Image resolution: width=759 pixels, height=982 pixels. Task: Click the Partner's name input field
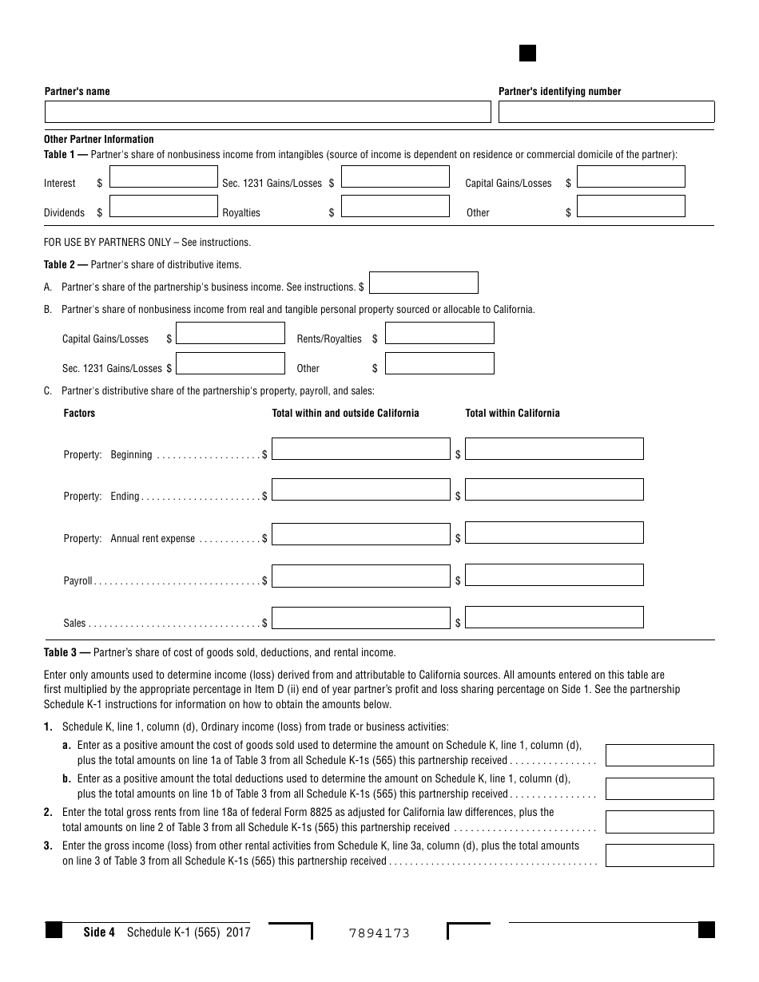268,112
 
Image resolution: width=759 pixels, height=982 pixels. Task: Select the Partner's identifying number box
606,112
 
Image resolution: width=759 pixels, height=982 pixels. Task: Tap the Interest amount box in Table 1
163,176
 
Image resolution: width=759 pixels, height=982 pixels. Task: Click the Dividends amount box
163,206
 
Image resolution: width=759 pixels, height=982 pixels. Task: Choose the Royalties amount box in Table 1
395,206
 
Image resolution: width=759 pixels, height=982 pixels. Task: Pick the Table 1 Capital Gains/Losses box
630,176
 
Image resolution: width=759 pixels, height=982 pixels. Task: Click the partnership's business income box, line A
423,283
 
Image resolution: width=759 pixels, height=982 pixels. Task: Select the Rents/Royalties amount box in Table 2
439,333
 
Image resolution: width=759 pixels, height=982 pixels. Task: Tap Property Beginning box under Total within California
554,449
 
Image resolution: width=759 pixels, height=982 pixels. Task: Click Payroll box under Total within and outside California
361,575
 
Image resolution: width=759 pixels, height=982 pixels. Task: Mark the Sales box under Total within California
554,617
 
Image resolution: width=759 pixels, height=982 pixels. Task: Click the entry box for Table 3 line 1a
659,755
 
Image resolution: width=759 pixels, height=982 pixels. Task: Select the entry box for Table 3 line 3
659,856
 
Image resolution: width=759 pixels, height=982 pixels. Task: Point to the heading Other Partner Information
99,139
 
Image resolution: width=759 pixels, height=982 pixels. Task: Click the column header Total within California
512,413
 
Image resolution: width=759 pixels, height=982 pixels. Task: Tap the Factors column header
79,413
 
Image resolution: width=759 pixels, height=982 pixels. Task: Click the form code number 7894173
379,933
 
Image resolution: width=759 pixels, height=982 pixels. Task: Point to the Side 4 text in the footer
100,932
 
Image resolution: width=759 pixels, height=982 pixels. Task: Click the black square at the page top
527,53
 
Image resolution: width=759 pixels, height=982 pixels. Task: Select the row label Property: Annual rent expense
129,539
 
